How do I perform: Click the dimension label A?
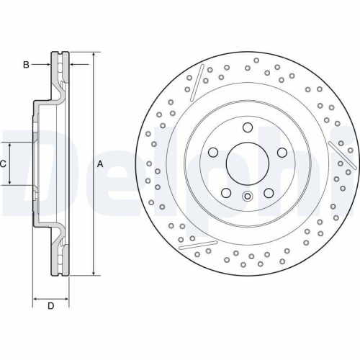[x=100, y=164]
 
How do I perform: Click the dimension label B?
[x=26, y=65]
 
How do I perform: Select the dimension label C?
[x=3, y=164]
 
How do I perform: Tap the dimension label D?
[x=50, y=307]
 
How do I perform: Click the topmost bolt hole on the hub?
[x=247, y=128]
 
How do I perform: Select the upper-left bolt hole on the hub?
[x=214, y=152]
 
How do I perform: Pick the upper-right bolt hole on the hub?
[x=280, y=152]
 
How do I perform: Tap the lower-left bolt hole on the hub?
[x=226, y=192]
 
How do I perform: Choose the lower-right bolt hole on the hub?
[x=268, y=192]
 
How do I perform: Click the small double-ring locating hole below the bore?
[x=247, y=197]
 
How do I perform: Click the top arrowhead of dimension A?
[x=93, y=55]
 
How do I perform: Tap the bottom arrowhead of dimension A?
[x=93, y=274]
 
